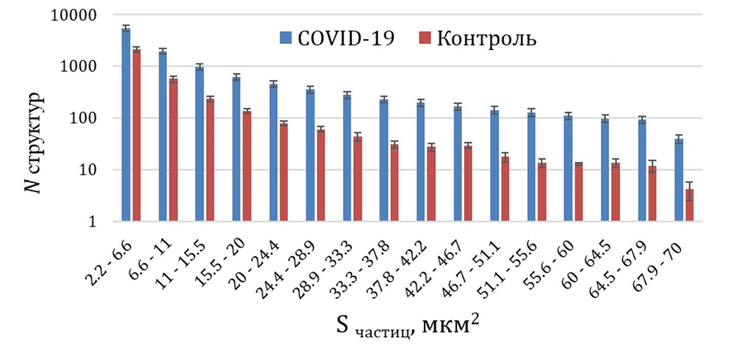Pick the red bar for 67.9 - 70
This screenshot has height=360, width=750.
click(690, 205)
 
